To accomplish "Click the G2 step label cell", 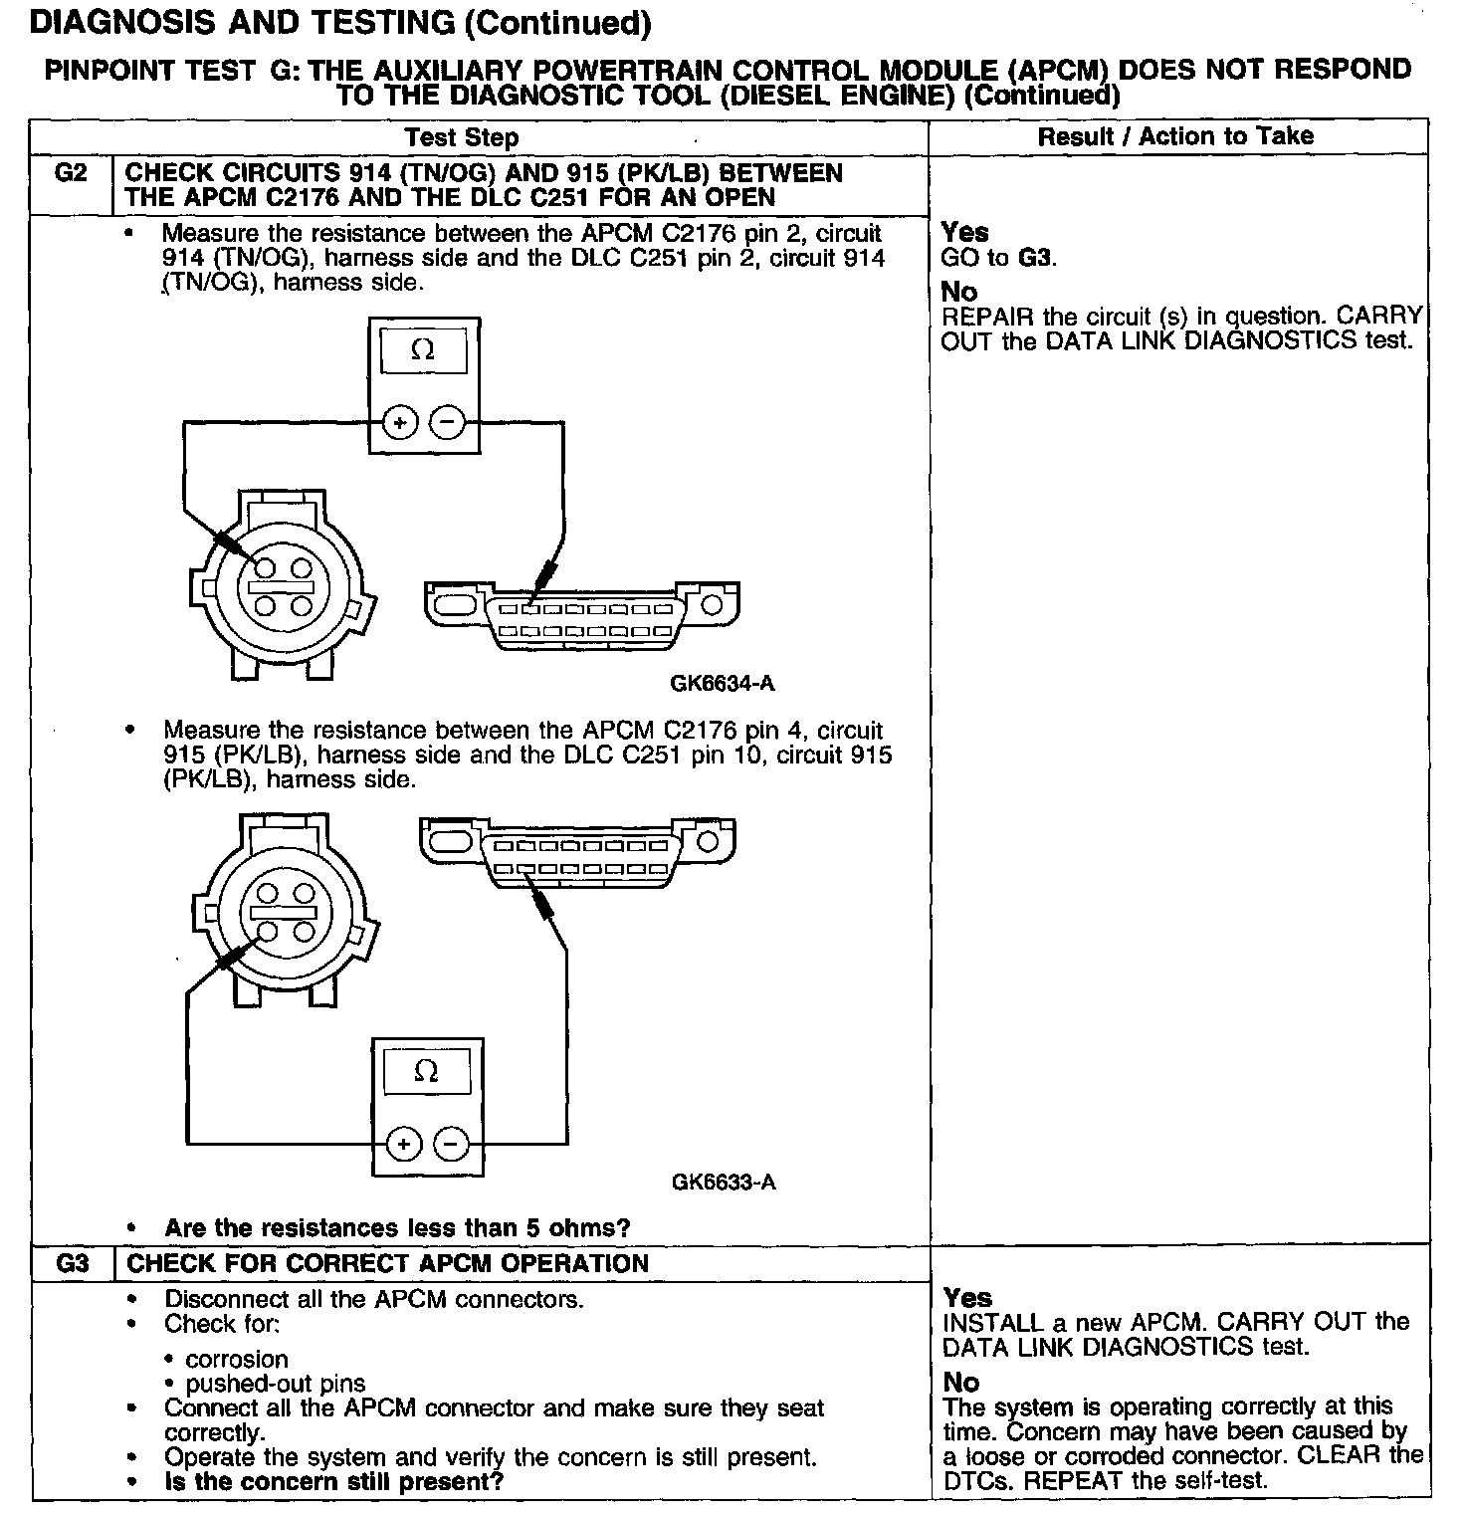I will coord(71,174).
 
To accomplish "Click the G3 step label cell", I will coord(73,1264).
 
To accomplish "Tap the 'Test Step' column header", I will coord(462,137).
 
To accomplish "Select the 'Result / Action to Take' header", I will coord(1175,136).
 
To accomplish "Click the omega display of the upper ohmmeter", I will coord(423,350).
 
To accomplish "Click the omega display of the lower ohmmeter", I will coord(426,1071).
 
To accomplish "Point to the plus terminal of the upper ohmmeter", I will coord(401,423).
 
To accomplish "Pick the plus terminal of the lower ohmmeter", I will coord(403,1145).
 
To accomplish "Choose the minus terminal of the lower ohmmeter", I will coord(452,1145).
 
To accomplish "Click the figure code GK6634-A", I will coord(722,684).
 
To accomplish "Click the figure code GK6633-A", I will coord(724,1183).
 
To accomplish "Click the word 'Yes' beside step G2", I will coord(964,232).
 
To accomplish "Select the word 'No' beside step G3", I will coord(960,1383).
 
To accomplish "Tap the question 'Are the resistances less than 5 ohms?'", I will coord(397,1228).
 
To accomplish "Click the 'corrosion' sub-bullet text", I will coord(237,1360).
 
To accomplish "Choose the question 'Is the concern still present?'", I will coord(334,1481).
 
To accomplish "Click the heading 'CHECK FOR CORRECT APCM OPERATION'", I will coord(388,1264).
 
